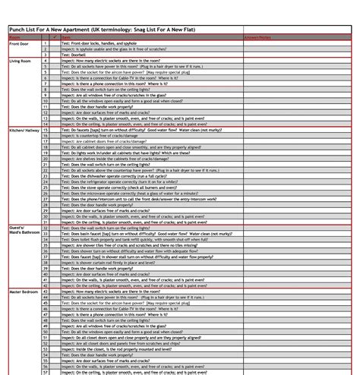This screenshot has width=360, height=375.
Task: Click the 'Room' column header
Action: point(15,36)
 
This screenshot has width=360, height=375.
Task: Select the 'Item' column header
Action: point(65,36)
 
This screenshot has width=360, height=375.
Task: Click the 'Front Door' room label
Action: point(18,43)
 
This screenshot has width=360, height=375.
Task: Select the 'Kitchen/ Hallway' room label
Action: point(24,131)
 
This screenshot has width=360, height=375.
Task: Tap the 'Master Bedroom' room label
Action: point(24,291)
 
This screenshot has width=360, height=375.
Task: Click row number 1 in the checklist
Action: point(46,43)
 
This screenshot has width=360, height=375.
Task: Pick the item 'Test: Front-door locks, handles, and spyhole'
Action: point(99,43)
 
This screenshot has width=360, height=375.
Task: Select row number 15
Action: point(46,131)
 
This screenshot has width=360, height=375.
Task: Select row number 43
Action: point(46,291)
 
